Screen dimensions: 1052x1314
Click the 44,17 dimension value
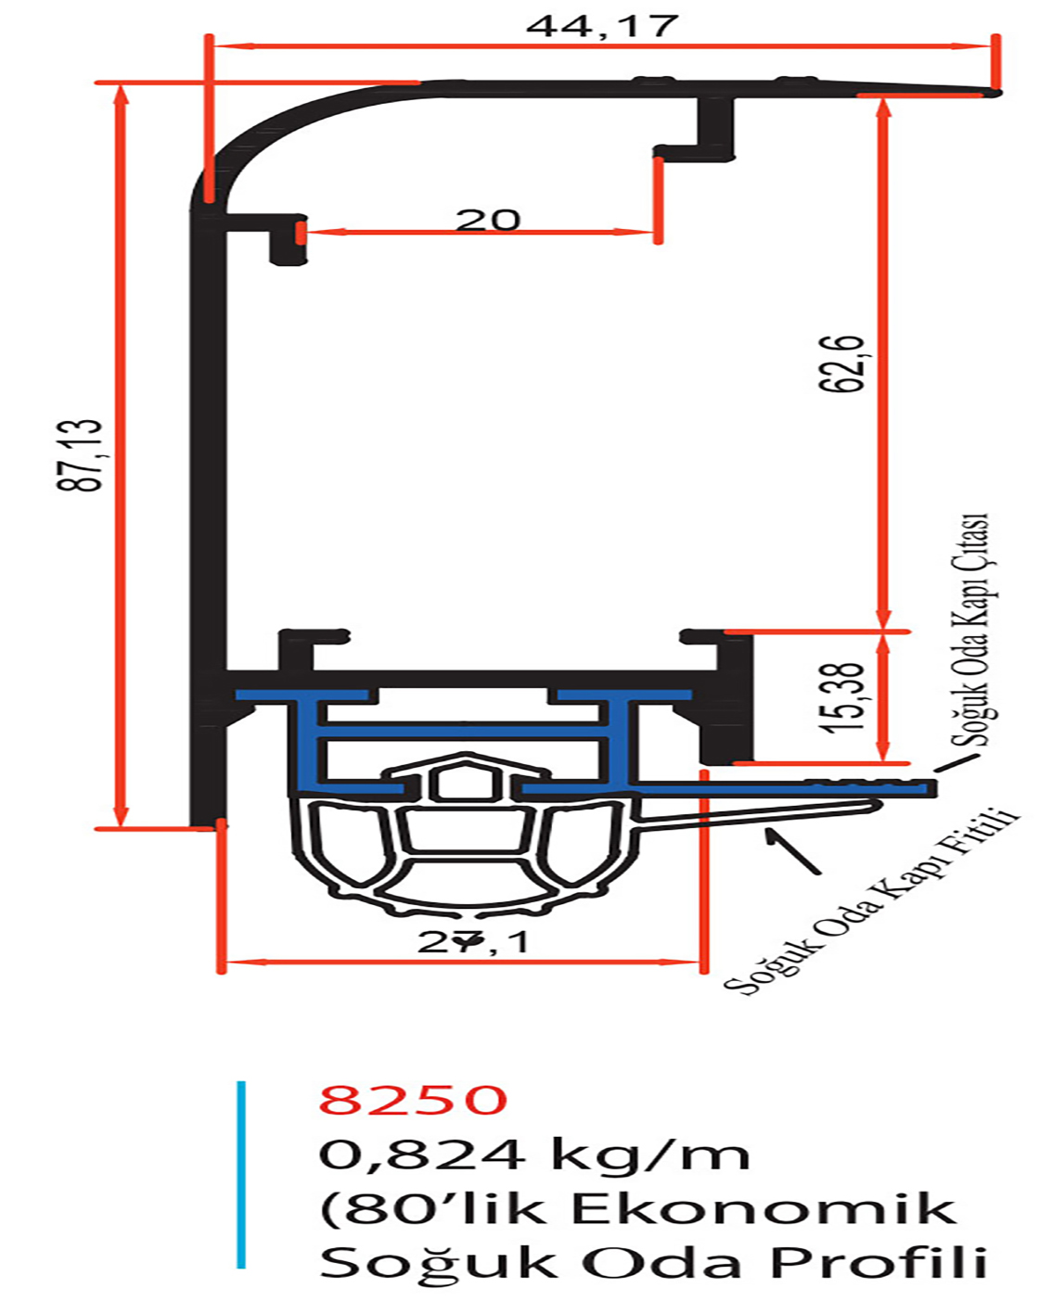pyautogui.click(x=602, y=26)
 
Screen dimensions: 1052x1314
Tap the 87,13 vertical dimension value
pyautogui.click(x=80, y=455)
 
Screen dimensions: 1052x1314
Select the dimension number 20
pyautogui.click(x=488, y=220)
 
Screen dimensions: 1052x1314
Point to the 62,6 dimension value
pyautogui.click(x=844, y=363)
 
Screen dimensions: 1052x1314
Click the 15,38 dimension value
pyautogui.click(x=844, y=696)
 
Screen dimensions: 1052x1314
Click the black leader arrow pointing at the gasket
pyautogui.click(x=794, y=851)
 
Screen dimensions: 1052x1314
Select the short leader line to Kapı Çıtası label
pyautogui.click(x=956, y=762)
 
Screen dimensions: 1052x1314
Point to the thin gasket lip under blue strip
pyautogui.click(x=758, y=814)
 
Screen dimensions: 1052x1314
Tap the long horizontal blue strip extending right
pyautogui.click(x=782, y=789)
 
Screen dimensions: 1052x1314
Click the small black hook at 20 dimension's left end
pyautogui.click(x=288, y=239)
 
